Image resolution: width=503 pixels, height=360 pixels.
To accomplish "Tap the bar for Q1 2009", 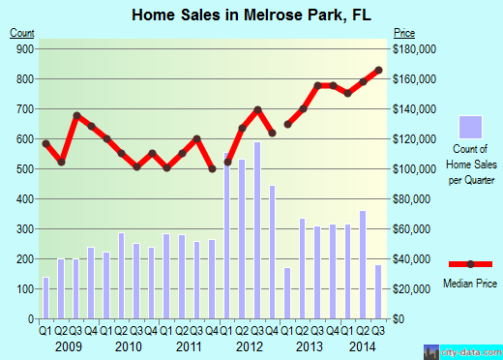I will pos(45,298).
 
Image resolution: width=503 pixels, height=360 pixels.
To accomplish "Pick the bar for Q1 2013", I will pos(287,293).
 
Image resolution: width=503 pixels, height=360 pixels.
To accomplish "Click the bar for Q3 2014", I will pos(379,291).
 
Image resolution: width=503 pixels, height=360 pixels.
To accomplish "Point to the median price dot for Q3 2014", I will pos(379,70).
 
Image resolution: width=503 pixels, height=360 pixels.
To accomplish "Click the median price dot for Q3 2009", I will pos(76,116).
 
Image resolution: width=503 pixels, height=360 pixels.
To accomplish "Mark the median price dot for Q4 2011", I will pos(212,169).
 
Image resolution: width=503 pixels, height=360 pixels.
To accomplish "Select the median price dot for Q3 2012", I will pos(257,109).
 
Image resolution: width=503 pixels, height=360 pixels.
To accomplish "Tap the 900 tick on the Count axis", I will pos(24,48).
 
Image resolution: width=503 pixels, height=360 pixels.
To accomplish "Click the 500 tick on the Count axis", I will pos(24,168).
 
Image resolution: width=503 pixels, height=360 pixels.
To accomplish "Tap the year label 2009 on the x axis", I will pos(69,346).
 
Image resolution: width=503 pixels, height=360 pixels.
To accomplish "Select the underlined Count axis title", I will pos(21,34).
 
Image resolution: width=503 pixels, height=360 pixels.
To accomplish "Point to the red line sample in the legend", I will pos(471,264).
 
